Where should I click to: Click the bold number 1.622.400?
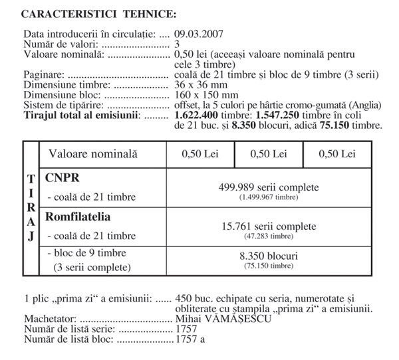point(198,116)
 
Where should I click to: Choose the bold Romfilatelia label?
point(78,217)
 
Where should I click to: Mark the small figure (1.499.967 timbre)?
point(269,198)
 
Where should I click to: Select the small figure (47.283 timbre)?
point(269,236)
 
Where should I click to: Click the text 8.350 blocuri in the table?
point(269,255)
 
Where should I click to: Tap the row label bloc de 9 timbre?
point(89,253)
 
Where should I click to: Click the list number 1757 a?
point(190,338)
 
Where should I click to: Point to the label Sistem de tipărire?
point(65,105)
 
